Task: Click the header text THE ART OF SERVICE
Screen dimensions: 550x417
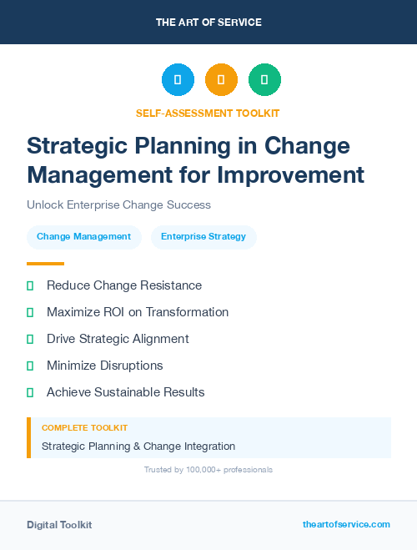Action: (x=208, y=23)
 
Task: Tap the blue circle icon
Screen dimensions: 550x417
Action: (x=178, y=80)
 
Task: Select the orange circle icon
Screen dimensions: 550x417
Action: (x=221, y=80)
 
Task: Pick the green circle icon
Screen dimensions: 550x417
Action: (x=264, y=80)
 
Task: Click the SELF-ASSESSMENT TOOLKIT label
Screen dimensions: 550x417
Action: (x=208, y=113)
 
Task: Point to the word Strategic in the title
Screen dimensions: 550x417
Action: (x=78, y=146)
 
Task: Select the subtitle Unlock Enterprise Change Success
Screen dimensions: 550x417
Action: (x=118, y=204)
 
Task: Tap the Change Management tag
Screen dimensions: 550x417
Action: (x=83, y=237)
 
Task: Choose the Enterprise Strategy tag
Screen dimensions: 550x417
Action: (x=203, y=237)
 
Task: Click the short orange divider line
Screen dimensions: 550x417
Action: (x=45, y=264)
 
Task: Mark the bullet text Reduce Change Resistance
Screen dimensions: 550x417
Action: (x=124, y=285)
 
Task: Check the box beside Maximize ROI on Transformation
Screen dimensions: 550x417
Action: (x=30, y=312)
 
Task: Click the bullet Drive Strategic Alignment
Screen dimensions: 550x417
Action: (x=118, y=339)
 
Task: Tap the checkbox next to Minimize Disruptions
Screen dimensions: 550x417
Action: (x=30, y=366)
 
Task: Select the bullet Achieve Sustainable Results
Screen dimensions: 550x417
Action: (x=125, y=392)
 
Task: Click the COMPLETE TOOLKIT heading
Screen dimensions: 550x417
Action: (x=84, y=427)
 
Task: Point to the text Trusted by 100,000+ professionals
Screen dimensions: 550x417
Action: (x=208, y=470)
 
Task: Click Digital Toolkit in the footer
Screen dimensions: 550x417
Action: (x=59, y=525)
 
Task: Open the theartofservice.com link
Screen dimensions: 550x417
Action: (x=346, y=524)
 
